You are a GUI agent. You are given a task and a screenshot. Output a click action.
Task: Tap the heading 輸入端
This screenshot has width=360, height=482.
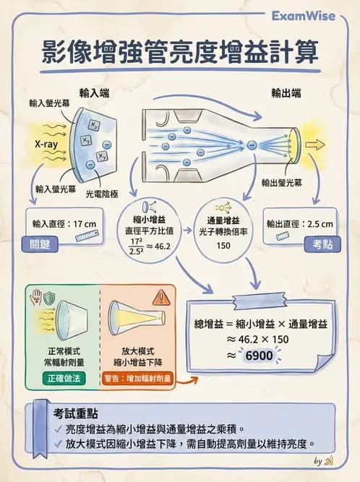[x=94, y=93]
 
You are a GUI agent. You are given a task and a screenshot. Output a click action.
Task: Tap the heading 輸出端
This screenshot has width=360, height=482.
[x=286, y=93]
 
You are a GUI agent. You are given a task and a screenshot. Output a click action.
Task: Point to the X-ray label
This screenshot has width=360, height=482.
[x=46, y=144]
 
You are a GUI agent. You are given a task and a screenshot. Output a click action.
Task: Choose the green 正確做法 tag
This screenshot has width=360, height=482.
[x=65, y=378]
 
